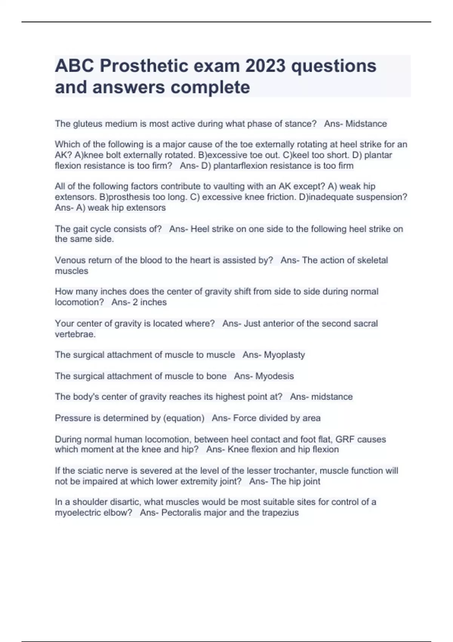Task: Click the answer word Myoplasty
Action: coord(284,355)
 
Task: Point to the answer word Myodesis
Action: coord(274,376)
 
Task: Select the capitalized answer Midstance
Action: coord(366,124)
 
